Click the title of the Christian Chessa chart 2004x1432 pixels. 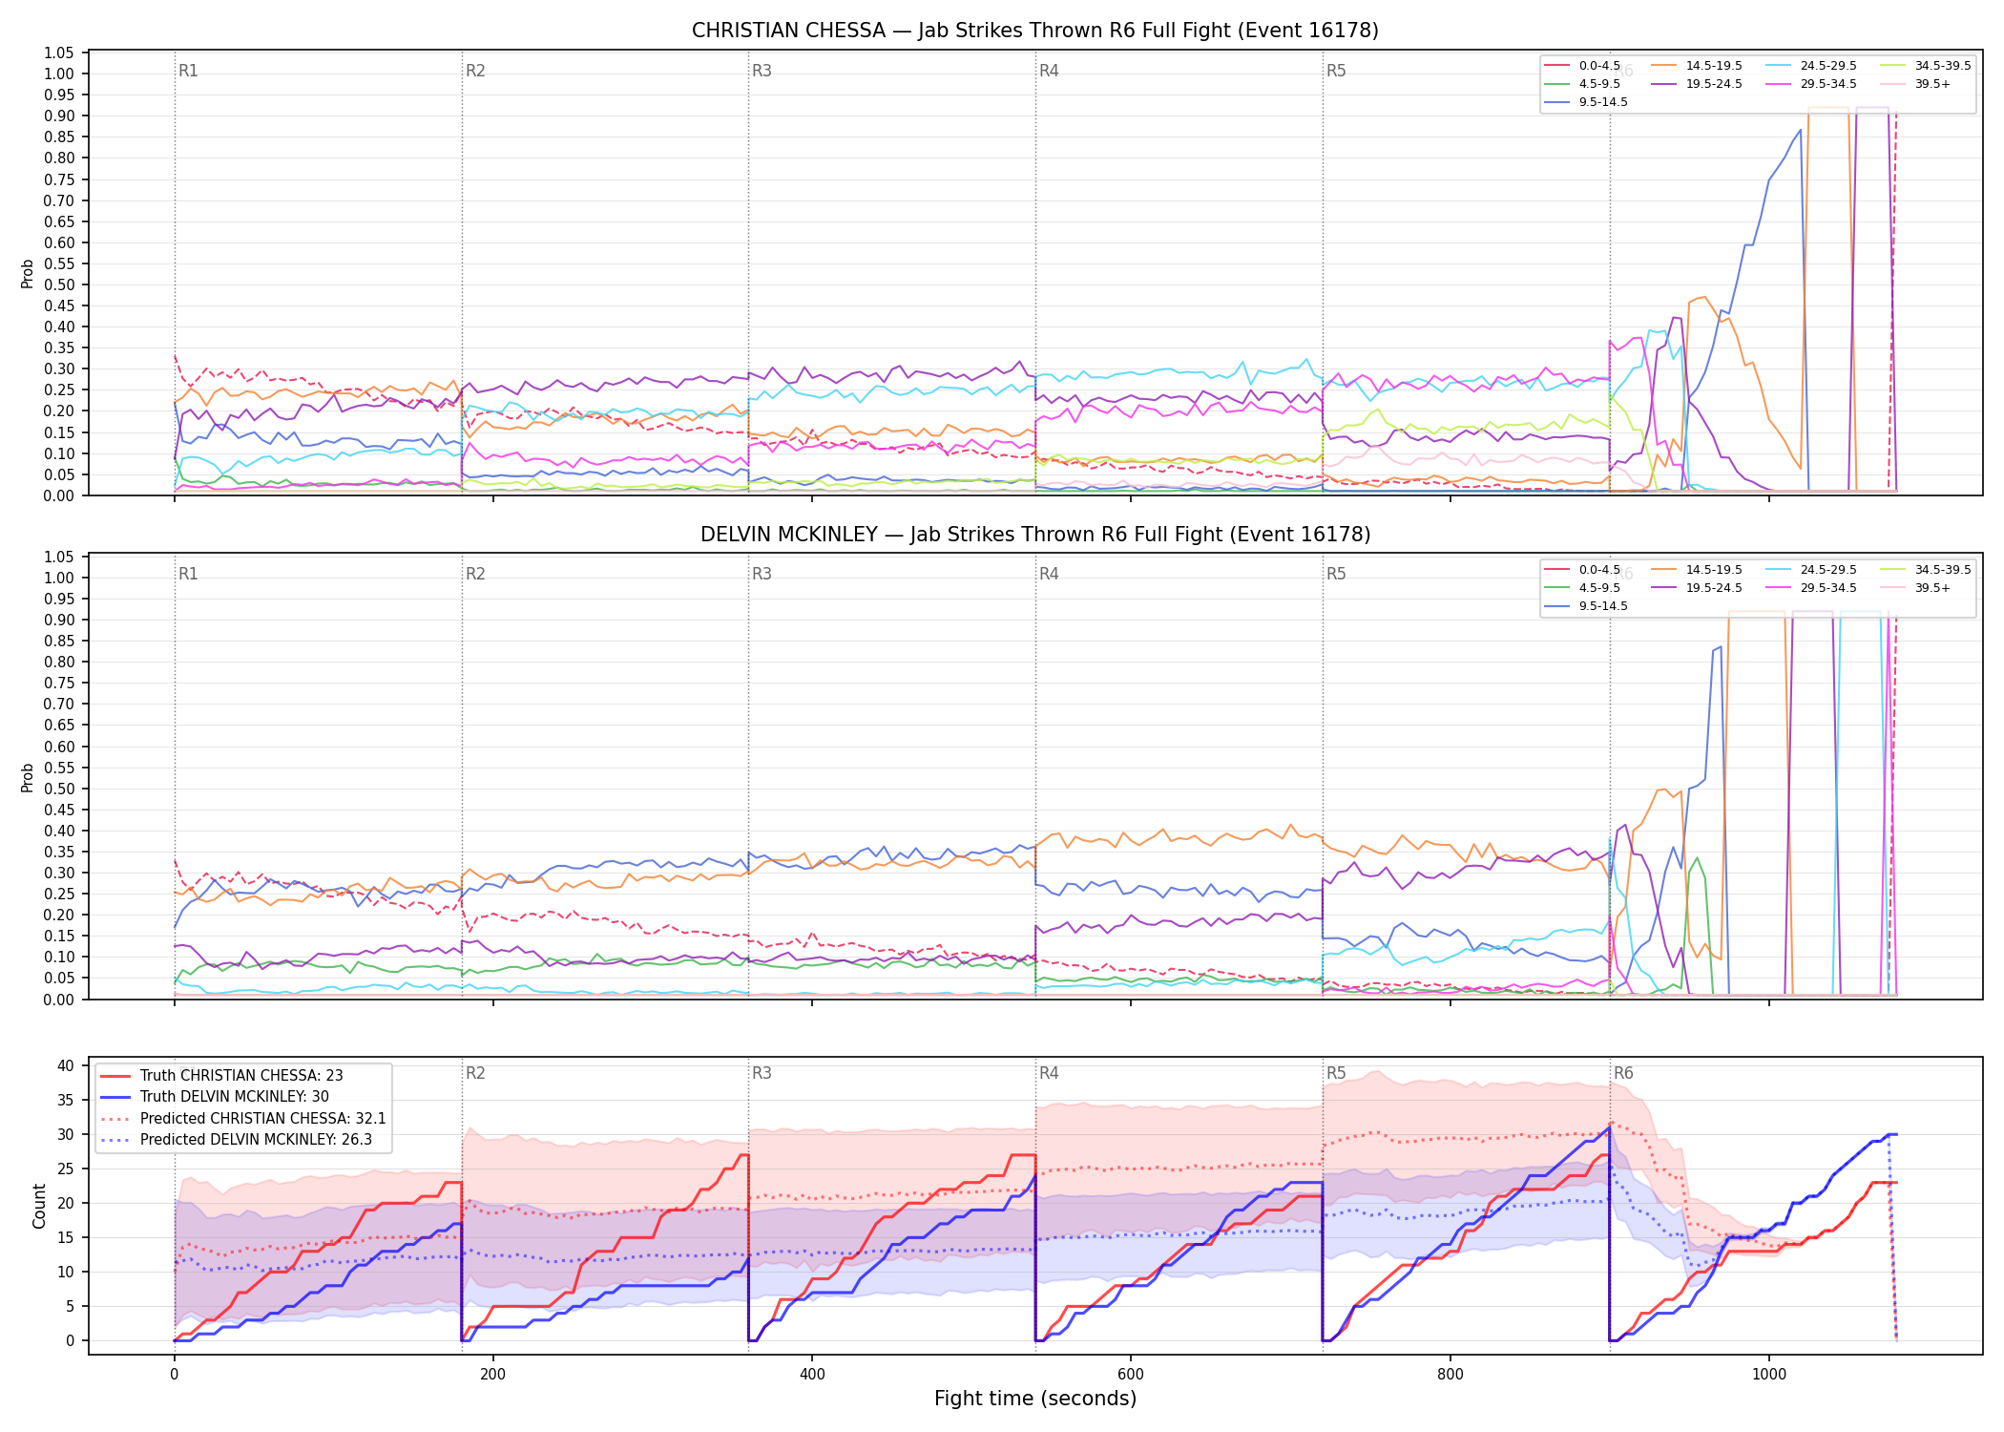tap(1035, 31)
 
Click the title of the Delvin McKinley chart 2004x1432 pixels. tap(1035, 535)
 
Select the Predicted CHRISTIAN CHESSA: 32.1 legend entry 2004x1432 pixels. tap(243, 1118)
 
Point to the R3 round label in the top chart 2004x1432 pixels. tap(762, 71)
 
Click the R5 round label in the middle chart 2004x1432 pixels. tap(1336, 574)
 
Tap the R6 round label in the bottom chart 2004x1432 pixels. tap(1623, 1073)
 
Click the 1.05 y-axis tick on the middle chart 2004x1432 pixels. tap(59, 558)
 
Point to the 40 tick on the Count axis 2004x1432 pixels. tap(66, 1065)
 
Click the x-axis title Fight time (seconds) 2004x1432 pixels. tap(1035, 1399)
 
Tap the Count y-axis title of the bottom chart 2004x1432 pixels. tap(39, 1206)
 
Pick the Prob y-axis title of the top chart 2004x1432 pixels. tap(28, 273)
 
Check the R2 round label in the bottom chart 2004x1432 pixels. tap(475, 1073)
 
